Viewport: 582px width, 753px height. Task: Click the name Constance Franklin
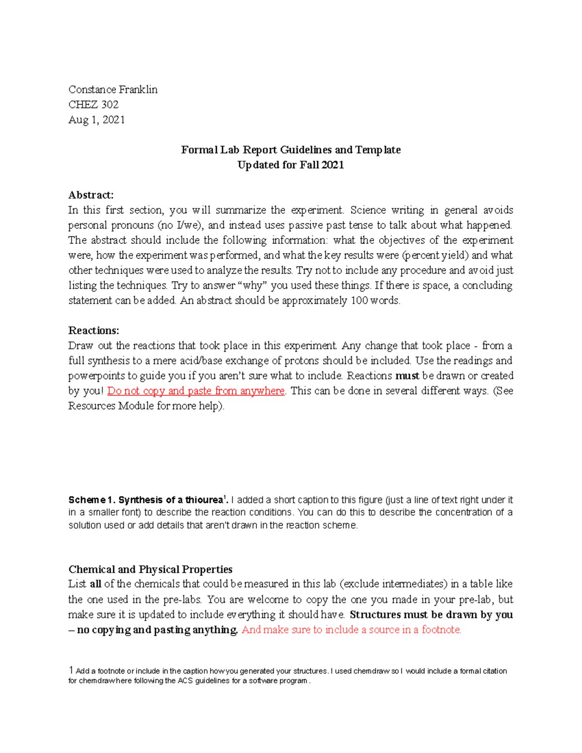(x=113, y=90)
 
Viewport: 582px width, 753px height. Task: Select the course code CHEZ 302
(x=93, y=105)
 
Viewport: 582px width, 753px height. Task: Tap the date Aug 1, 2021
(x=97, y=120)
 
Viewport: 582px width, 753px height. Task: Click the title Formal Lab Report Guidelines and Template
(x=291, y=150)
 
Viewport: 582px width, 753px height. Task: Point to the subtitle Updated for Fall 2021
(x=291, y=165)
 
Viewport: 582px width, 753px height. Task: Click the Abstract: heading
(x=91, y=195)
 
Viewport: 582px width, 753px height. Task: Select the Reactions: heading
(x=93, y=331)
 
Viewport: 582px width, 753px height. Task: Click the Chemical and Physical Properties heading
(x=150, y=569)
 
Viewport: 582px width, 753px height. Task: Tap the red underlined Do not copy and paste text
(x=195, y=391)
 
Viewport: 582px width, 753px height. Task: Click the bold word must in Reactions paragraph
(x=407, y=376)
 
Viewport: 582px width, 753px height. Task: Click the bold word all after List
(x=96, y=584)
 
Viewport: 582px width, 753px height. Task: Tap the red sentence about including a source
(x=351, y=630)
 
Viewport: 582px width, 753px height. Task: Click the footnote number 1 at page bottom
(x=71, y=671)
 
